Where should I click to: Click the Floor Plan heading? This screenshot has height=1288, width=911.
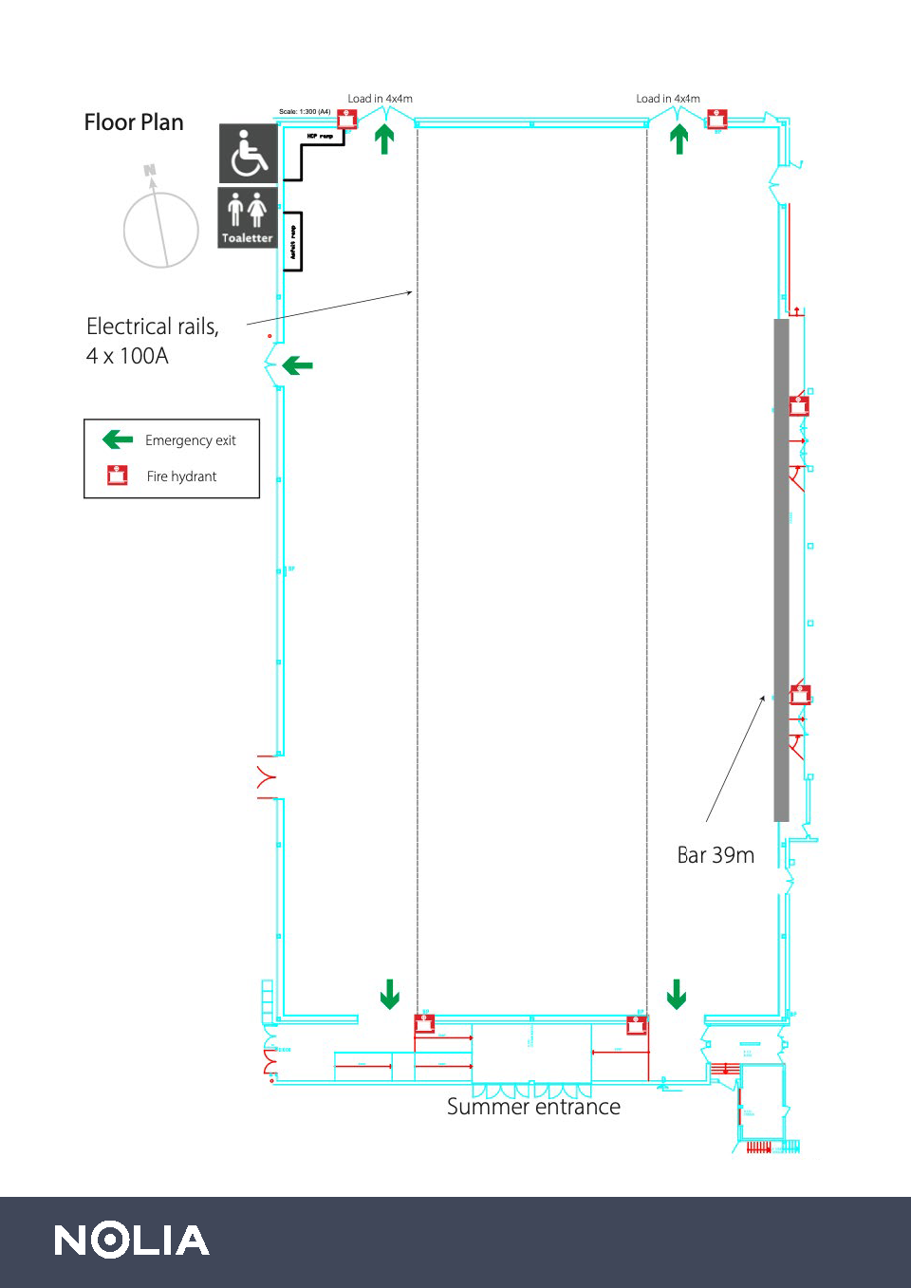(134, 122)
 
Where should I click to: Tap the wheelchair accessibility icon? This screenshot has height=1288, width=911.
(249, 153)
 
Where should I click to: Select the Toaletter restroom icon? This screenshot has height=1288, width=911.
(248, 216)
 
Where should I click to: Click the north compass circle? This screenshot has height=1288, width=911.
(161, 230)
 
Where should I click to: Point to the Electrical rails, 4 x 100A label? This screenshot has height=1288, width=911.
(152, 341)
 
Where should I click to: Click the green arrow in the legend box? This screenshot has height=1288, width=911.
(118, 439)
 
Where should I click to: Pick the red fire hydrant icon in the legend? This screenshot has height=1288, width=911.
(118, 476)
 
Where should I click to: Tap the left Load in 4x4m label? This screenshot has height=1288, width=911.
(380, 99)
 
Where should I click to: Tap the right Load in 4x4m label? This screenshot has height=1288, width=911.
(668, 99)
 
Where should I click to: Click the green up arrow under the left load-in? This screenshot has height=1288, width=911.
(384, 139)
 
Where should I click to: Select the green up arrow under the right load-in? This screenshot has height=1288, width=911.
(679, 139)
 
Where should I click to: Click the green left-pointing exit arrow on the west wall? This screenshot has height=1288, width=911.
(298, 365)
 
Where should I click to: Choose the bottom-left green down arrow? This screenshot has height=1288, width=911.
(390, 994)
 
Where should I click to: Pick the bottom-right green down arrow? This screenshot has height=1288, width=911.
(677, 994)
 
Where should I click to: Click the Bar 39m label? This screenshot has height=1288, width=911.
(716, 855)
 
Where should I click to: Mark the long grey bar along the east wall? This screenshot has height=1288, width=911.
(782, 569)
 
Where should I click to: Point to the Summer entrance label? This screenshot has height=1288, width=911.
(533, 1107)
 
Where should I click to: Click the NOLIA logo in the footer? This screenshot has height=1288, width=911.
(132, 1241)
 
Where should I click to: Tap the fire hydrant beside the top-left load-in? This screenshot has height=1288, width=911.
(347, 119)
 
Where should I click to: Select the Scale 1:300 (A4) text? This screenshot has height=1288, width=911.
(305, 112)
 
